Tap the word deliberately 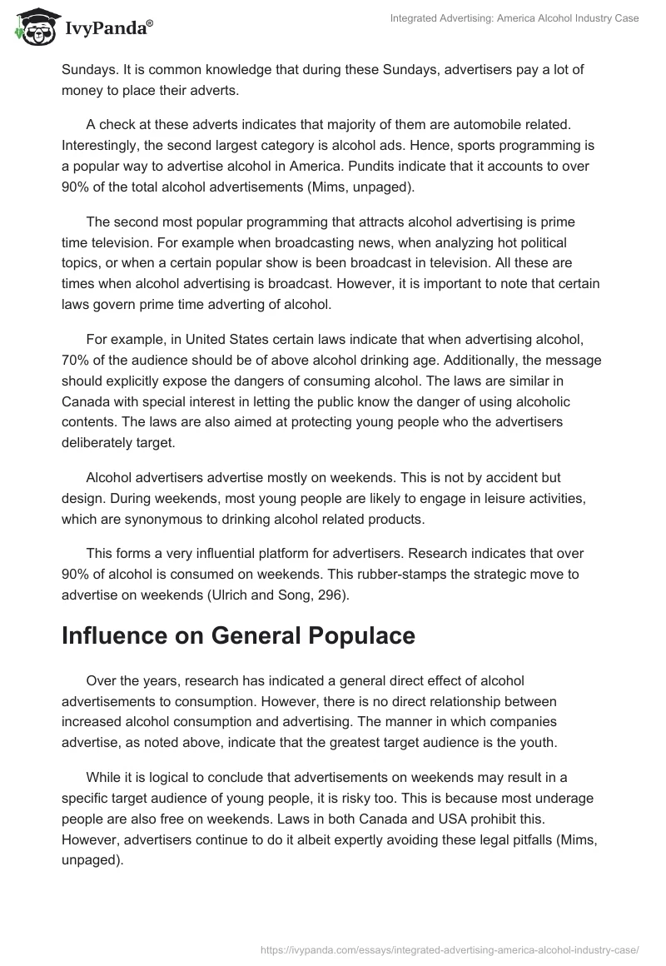pyautogui.click(x=101, y=443)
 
